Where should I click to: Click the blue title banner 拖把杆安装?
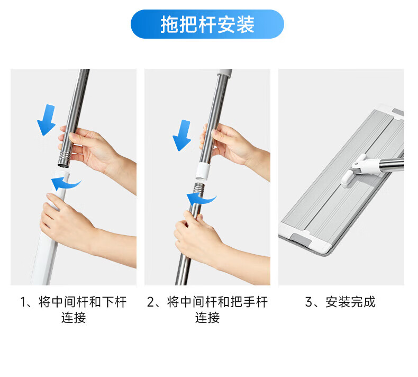207,24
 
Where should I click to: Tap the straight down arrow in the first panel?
47,120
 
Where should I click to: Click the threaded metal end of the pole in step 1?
64,159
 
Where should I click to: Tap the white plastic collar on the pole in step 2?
202,171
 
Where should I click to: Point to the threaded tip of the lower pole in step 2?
198,188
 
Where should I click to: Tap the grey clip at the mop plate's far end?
398,112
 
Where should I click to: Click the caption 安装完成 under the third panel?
350,302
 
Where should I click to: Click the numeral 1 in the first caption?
23,302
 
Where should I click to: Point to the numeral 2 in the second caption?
151,302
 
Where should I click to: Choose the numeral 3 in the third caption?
309,302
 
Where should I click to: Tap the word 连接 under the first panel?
74,318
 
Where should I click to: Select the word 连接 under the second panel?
207,318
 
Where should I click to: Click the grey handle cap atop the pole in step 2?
224,72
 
